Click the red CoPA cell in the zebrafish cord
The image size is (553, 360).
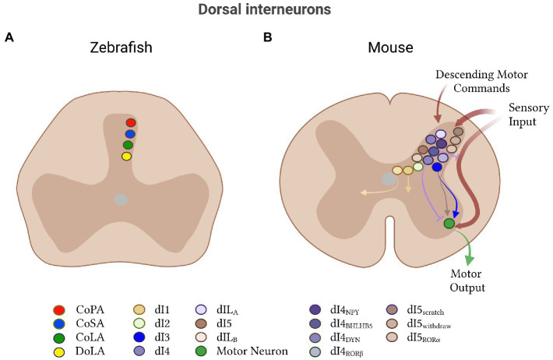point(131,123)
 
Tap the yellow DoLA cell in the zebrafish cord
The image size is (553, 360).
point(127,156)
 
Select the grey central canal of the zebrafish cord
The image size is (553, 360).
point(120,199)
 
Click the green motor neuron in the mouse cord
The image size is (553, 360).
point(449,224)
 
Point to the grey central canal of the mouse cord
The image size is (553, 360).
point(389,179)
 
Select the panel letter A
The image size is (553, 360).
point(9,37)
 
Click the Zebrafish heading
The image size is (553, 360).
point(121,48)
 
